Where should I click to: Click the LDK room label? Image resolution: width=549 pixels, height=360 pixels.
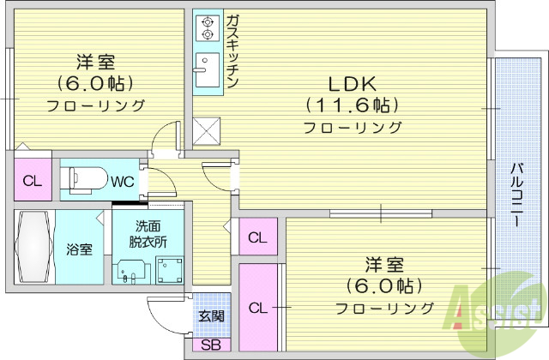(x=351, y=84)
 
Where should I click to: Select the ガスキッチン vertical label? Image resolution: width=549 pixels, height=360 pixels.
(x=233, y=50)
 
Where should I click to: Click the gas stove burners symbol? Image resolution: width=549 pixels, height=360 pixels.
(x=206, y=27)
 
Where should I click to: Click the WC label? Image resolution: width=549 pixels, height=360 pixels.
(x=121, y=181)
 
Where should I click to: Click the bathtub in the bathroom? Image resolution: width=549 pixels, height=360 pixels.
(x=35, y=248)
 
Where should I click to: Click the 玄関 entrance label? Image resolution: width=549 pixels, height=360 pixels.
(x=211, y=316)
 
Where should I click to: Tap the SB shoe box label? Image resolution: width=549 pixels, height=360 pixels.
(x=209, y=345)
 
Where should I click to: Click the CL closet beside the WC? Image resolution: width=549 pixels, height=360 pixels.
(x=32, y=181)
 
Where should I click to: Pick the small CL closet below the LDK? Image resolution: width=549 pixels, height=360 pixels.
(x=257, y=237)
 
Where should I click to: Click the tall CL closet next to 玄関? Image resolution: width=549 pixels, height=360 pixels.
(x=257, y=308)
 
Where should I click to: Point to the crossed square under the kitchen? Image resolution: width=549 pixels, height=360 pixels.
(x=208, y=131)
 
